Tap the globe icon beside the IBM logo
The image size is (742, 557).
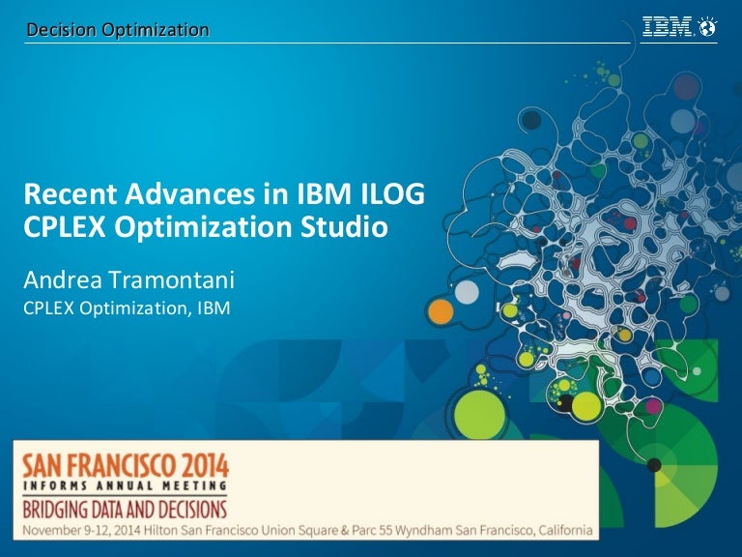pyautogui.click(x=708, y=28)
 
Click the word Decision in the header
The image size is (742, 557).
pyautogui.click(x=62, y=31)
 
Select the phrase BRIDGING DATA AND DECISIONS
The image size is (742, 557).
pyautogui.click(x=125, y=508)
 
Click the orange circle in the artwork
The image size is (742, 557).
pyautogui.click(x=441, y=311)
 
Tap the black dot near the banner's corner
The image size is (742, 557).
pyautogui.click(x=654, y=465)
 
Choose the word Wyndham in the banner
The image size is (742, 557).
pyautogui.click(x=422, y=529)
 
